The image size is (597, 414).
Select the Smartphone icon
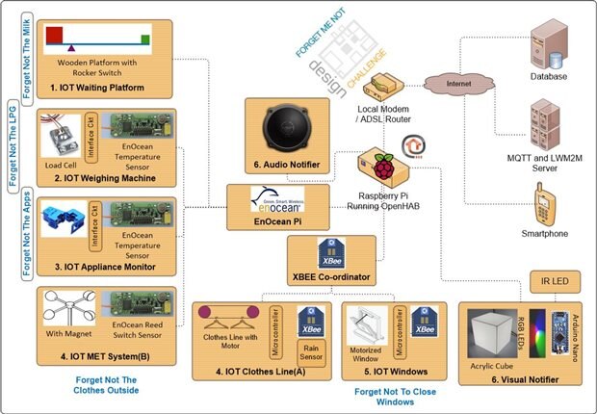point(545,201)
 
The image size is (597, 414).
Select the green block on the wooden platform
point(144,39)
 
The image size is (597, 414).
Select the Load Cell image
point(65,141)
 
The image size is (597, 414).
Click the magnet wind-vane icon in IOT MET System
point(68,310)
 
